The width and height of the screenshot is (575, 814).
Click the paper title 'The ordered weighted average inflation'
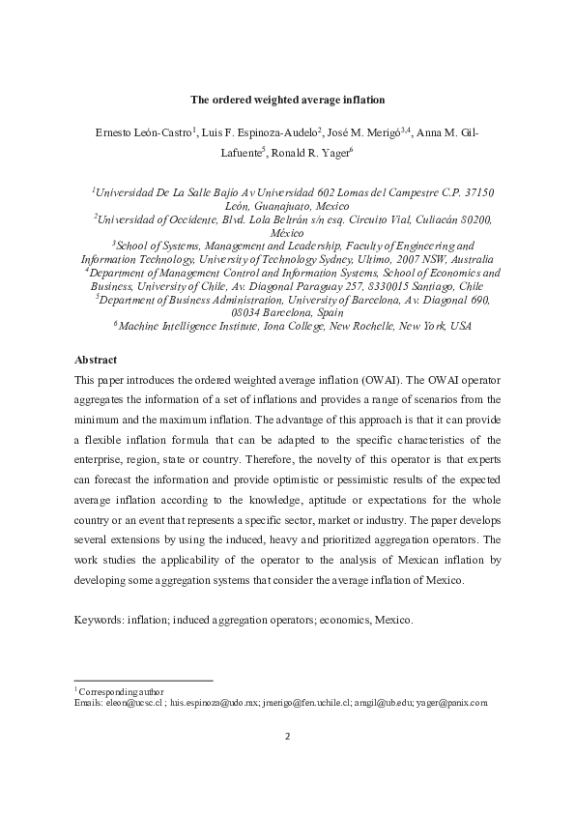coord(287,98)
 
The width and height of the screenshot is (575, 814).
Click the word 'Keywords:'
coord(100,618)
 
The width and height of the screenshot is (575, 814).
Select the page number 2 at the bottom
coord(287,736)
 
